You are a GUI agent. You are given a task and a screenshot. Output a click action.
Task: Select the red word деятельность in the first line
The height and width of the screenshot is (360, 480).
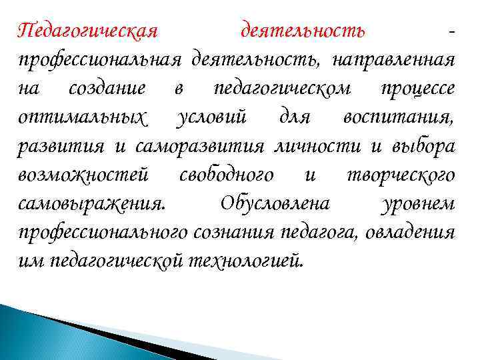click(302, 31)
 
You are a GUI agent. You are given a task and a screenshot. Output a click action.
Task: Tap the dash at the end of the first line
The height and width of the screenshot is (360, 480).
click(453, 32)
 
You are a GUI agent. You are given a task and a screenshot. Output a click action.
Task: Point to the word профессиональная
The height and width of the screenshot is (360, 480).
click(100, 61)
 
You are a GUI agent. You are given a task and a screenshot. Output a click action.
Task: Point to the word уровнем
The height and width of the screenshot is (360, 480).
click(418, 203)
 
